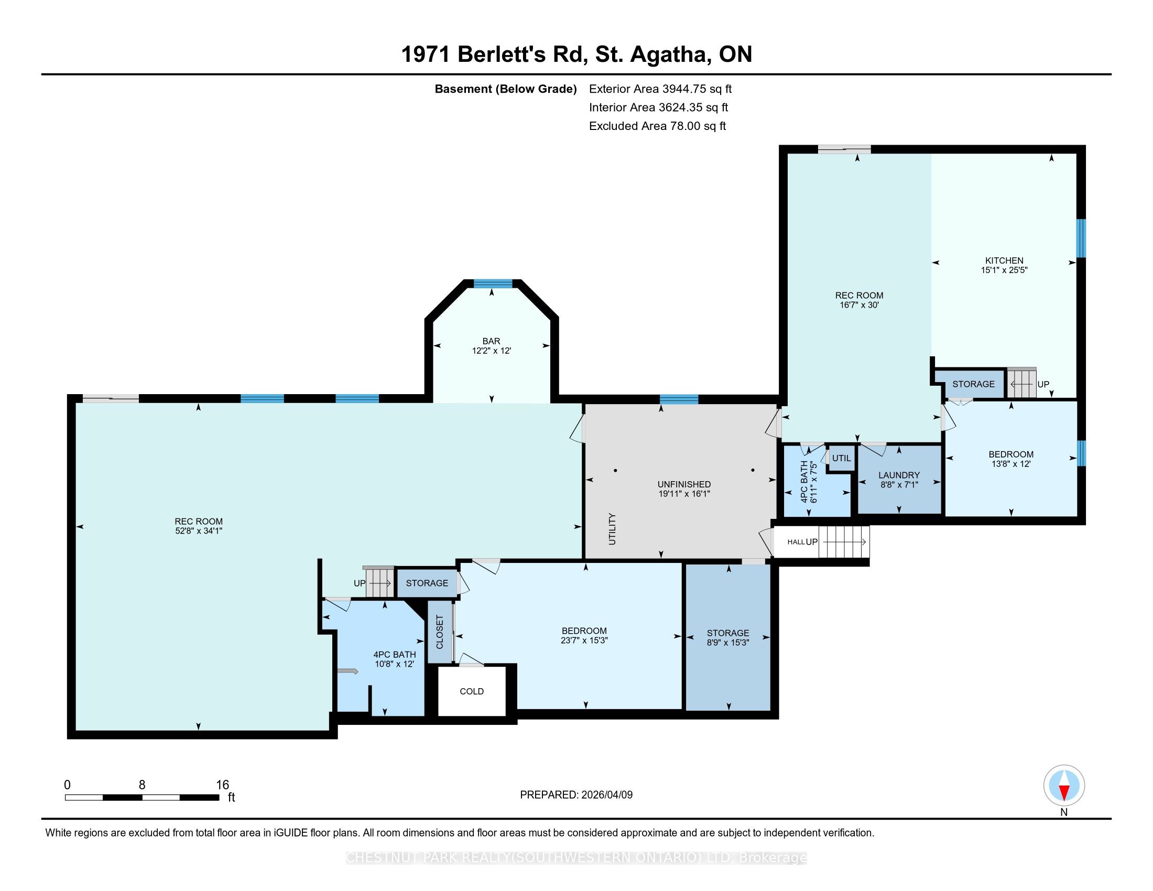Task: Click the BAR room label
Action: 491,341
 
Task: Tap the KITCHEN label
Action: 1004,260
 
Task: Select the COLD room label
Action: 472,691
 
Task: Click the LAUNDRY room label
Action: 899,475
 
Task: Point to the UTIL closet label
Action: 842,458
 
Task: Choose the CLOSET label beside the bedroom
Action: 440,632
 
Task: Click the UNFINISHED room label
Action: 683,484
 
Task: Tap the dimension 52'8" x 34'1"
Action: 199,530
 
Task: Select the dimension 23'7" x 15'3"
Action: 584,640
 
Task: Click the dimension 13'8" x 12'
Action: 1011,464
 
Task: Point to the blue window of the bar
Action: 493,284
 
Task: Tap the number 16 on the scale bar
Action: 222,785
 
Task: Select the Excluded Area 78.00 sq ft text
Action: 657,126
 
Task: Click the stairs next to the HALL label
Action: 844,541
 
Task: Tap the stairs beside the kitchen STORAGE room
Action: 1022,384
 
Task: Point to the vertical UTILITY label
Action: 612,529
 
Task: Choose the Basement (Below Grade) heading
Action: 505,89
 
